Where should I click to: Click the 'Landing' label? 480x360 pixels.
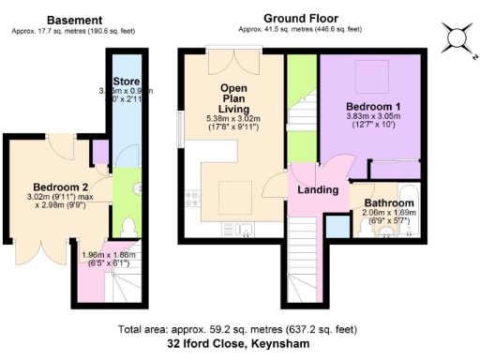317,191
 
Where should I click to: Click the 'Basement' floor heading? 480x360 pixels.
74,20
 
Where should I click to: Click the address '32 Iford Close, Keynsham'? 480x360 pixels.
239,344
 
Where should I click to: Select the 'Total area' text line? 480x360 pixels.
239,330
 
